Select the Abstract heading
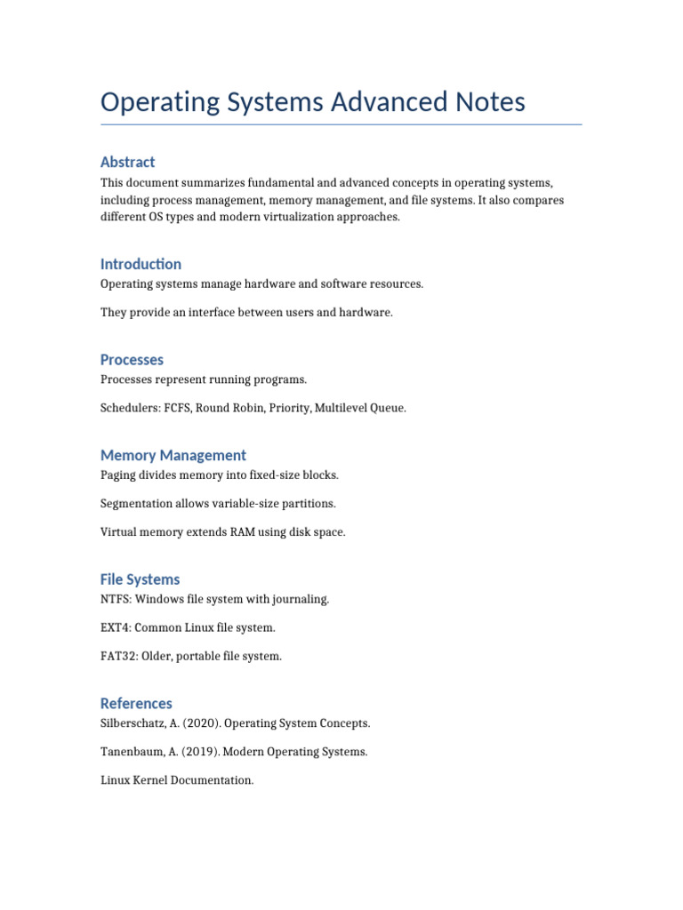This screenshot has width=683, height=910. point(127,162)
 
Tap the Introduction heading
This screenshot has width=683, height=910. point(141,264)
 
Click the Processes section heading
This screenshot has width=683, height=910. point(132,360)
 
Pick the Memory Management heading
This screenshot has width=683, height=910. point(173,456)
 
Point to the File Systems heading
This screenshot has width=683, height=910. point(140,579)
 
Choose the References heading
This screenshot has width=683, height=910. point(136,704)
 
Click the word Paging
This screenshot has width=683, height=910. point(119,475)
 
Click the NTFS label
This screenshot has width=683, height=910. point(115,599)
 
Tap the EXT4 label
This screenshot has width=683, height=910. point(115,627)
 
